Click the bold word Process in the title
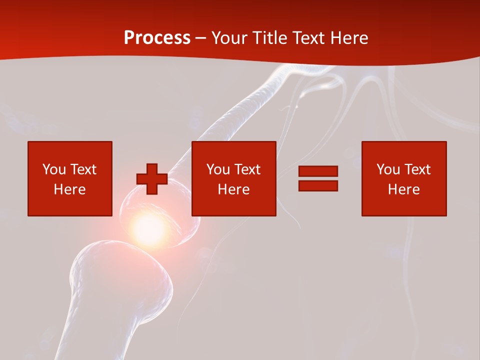click(x=157, y=38)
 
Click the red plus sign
click(x=152, y=179)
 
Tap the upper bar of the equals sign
click(x=318, y=171)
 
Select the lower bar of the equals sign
click(x=318, y=185)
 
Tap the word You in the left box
click(x=54, y=169)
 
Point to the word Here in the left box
click(x=69, y=189)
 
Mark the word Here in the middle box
click(x=233, y=189)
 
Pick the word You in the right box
click(x=388, y=169)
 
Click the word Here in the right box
click(x=403, y=189)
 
